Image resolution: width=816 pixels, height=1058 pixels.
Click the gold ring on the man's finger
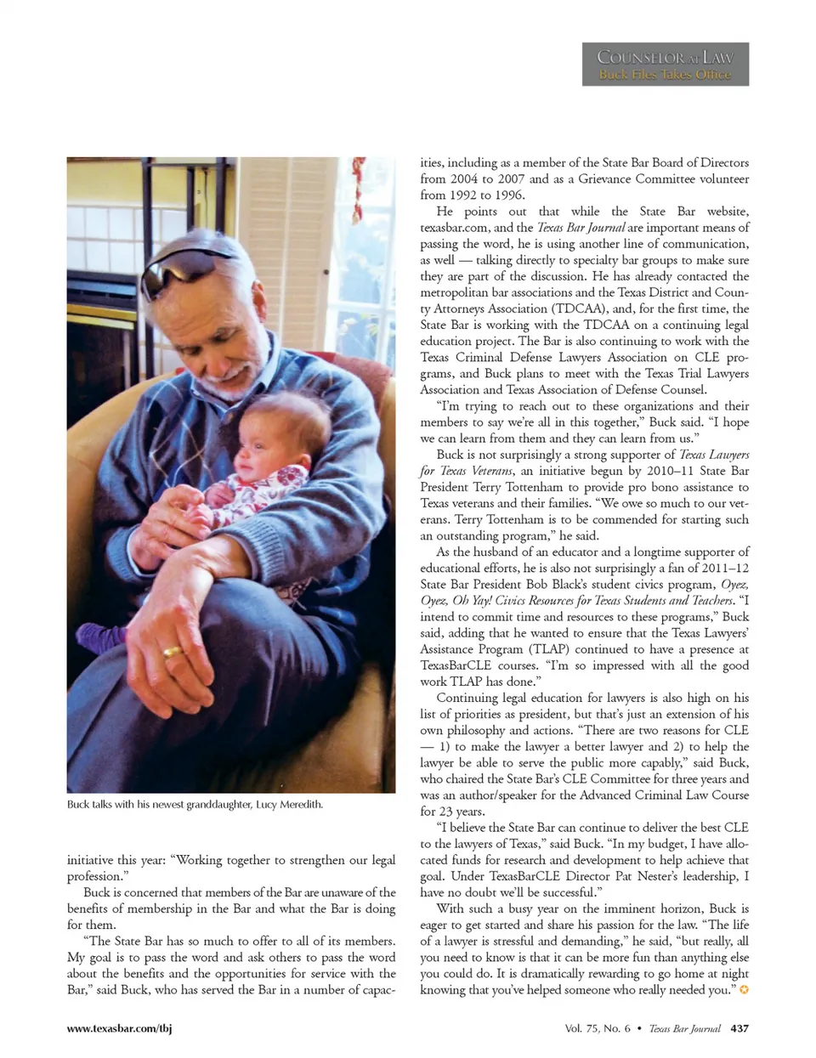(173, 652)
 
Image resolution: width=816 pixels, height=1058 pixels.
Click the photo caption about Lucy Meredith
(195, 804)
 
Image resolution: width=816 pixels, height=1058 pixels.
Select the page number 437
(739, 1028)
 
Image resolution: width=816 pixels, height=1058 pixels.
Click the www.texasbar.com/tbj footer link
(119, 1028)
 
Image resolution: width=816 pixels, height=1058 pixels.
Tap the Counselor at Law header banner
(665, 64)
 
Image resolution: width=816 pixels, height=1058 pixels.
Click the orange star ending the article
(745, 990)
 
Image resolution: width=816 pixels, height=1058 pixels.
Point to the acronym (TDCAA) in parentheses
(527, 308)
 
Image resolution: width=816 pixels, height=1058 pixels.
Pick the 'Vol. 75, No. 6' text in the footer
(597, 1028)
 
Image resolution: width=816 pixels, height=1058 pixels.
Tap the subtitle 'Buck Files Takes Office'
(665, 75)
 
